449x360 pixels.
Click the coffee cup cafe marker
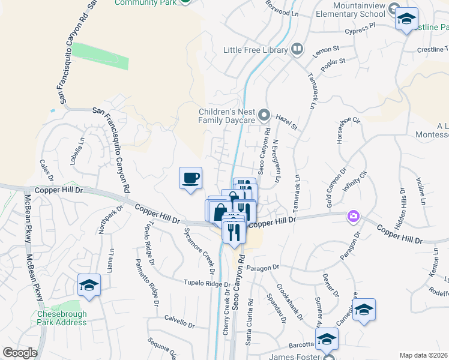point(190,178)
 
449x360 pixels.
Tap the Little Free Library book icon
point(297,50)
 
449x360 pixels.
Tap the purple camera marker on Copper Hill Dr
point(354,215)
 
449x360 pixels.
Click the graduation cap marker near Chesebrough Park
point(89,285)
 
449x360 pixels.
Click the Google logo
point(20,352)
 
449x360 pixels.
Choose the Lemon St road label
point(326,52)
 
